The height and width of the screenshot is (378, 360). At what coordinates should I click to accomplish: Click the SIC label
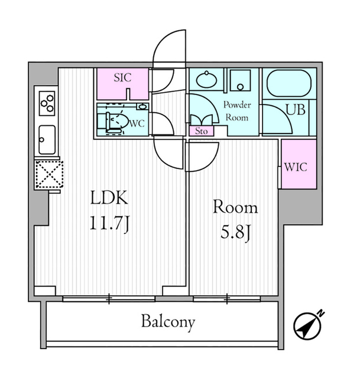(x=122, y=77)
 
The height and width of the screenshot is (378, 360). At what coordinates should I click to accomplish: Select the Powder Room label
(x=236, y=111)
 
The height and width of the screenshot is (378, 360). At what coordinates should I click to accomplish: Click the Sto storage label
(x=202, y=131)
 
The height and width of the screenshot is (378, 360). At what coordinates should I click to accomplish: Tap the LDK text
(x=109, y=197)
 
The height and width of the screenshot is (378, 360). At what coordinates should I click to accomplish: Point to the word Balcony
(x=168, y=322)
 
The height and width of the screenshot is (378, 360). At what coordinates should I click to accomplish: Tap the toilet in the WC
(x=114, y=120)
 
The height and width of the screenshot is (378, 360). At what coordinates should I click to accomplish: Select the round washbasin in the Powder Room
(x=206, y=80)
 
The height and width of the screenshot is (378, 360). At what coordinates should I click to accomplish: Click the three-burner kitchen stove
(x=47, y=103)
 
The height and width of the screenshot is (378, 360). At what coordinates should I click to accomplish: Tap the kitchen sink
(x=47, y=140)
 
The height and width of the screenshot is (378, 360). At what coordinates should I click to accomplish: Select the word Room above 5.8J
(x=235, y=207)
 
